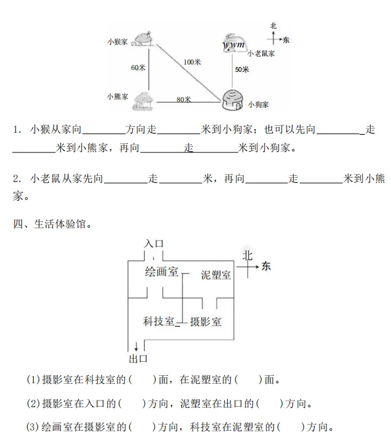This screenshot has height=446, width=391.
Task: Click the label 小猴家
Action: (x=118, y=42)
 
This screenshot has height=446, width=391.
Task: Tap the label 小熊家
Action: (x=118, y=97)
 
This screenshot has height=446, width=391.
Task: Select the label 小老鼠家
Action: (x=261, y=54)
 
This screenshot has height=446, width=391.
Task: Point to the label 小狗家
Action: (x=258, y=105)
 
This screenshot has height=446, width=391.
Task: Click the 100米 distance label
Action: (x=192, y=62)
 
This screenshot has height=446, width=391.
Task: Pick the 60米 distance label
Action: (x=138, y=68)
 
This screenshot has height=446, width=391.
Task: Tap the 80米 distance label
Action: (x=183, y=100)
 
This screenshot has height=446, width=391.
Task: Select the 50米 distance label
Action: (x=242, y=70)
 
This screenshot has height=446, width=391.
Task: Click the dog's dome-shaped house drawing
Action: (x=233, y=100)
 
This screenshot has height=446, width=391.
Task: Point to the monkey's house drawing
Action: (x=143, y=39)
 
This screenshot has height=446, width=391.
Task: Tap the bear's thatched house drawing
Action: (x=143, y=101)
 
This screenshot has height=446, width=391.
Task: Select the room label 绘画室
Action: (x=161, y=272)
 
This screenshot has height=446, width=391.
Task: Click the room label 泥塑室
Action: (x=216, y=275)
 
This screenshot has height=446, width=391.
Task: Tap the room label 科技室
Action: (x=159, y=321)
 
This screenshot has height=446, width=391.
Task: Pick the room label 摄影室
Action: (x=205, y=322)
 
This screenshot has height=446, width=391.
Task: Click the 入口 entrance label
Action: (x=154, y=244)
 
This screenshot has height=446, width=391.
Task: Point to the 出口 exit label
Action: (x=138, y=359)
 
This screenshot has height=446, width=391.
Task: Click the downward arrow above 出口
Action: (x=136, y=346)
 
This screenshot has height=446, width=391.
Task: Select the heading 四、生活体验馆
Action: (x=52, y=224)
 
